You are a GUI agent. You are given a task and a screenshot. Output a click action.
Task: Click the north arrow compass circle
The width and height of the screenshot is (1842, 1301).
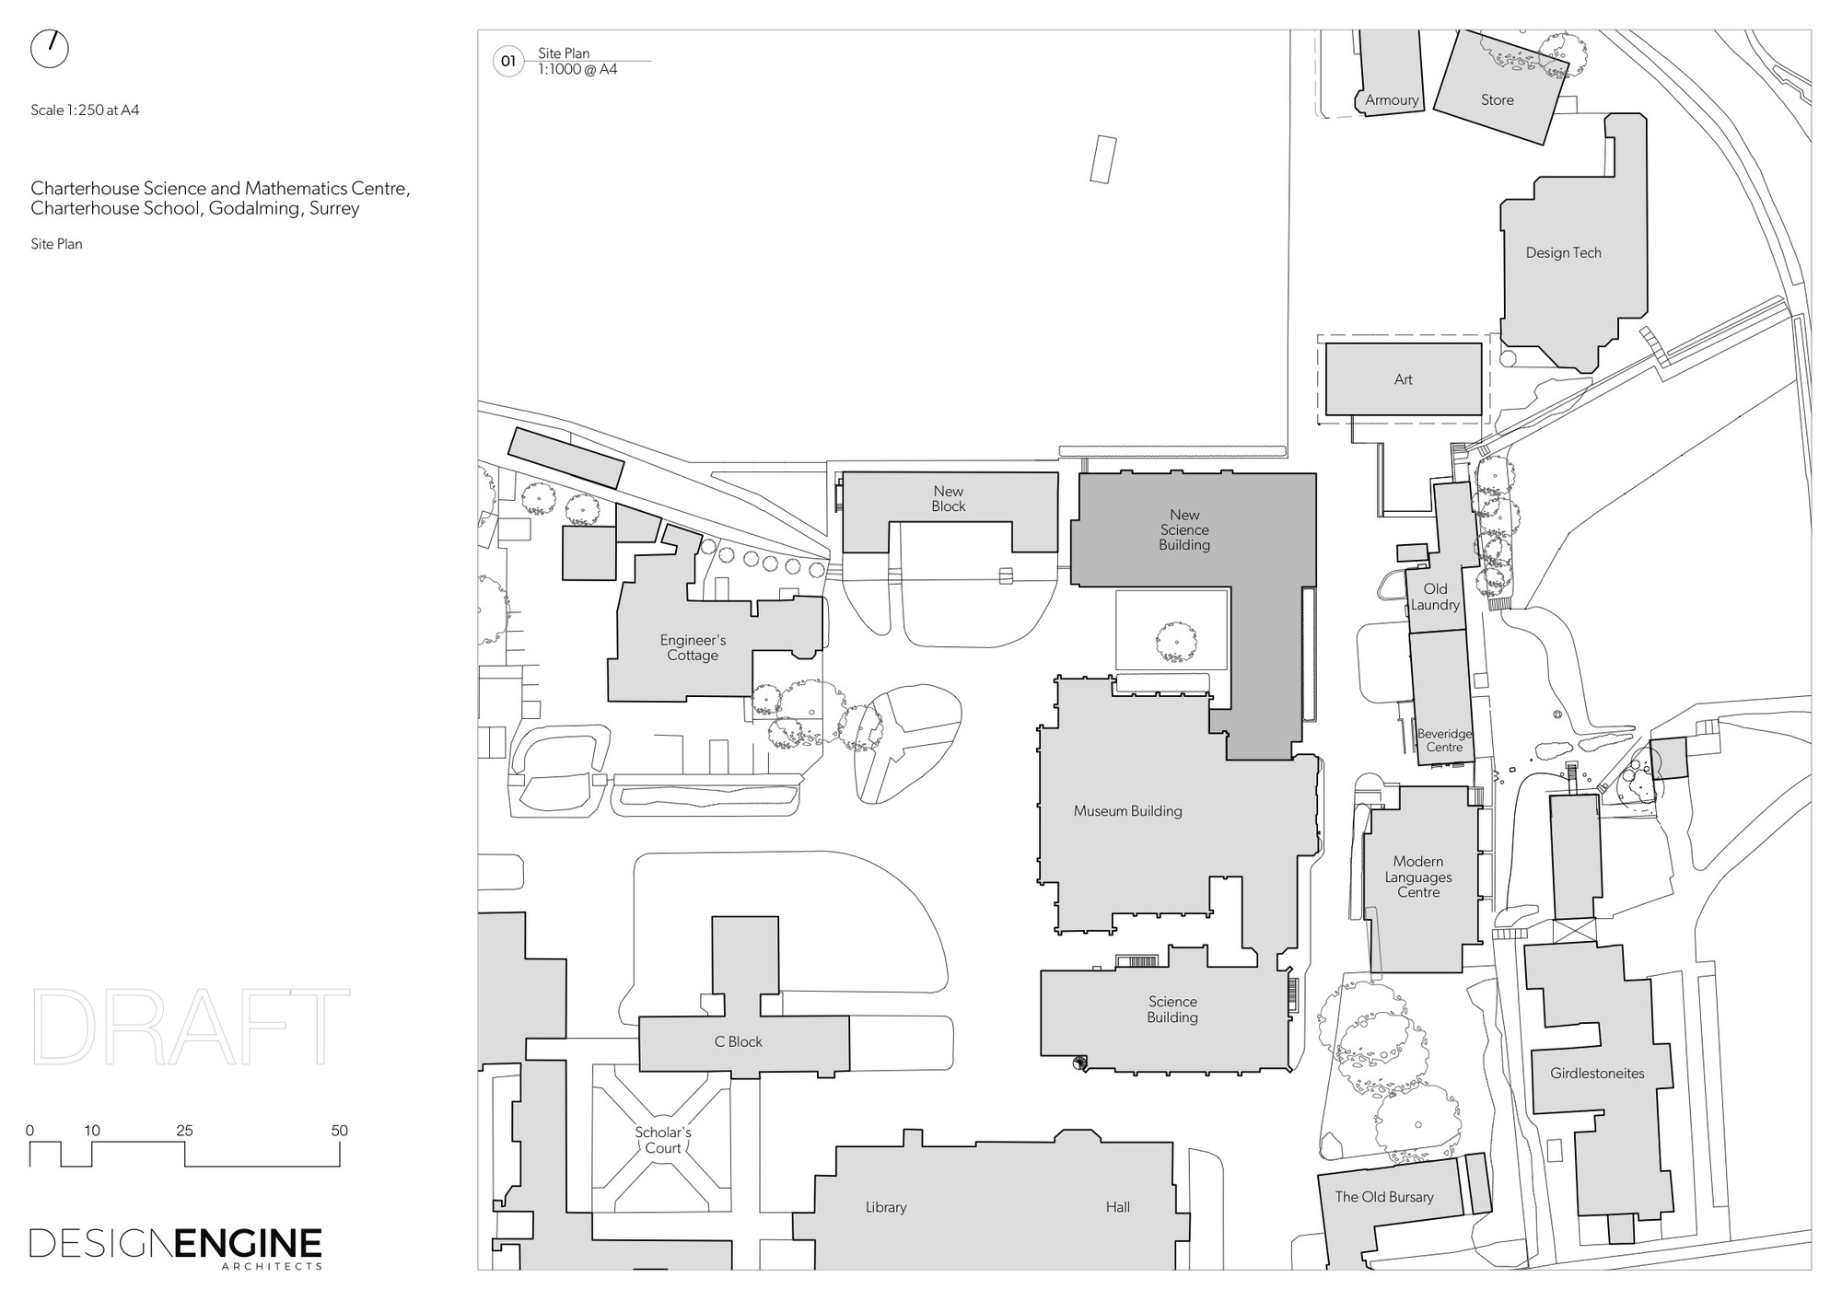pyautogui.click(x=50, y=50)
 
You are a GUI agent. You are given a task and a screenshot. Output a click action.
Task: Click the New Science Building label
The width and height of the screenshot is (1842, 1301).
pyautogui.click(x=1184, y=530)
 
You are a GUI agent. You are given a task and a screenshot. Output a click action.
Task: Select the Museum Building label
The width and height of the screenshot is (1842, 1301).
pyautogui.click(x=1127, y=811)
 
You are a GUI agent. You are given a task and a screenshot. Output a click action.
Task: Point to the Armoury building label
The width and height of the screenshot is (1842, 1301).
pyautogui.click(x=1392, y=100)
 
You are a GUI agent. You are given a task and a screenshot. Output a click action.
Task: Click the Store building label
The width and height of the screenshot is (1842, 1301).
pyautogui.click(x=1497, y=100)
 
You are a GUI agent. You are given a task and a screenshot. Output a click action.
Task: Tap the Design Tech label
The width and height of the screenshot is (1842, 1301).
pyautogui.click(x=1563, y=253)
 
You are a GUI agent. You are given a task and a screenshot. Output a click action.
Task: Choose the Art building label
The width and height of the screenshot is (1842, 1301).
pyautogui.click(x=1403, y=379)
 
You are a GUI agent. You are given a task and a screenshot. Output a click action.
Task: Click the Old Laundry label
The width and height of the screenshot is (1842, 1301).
pyautogui.click(x=1435, y=597)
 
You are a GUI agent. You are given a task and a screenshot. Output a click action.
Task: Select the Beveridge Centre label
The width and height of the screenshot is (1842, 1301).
pyautogui.click(x=1444, y=740)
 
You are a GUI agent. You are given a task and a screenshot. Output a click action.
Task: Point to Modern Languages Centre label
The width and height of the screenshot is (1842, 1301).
pyautogui.click(x=1417, y=877)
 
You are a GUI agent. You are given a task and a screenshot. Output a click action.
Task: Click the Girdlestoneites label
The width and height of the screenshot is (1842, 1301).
pyautogui.click(x=1596, y=1074)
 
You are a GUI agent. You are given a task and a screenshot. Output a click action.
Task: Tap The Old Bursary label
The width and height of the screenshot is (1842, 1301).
pyautogui.click(x=1384, y=1197)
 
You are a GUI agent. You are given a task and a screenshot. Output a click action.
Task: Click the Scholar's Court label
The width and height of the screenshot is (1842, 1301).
pyautogui.click(x=662, y=1140)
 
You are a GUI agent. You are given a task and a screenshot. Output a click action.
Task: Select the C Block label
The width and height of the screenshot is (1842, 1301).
pyautogui.click(x=739, y=1042)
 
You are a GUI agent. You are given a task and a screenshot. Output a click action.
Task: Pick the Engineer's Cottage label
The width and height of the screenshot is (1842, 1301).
pyautogui.click(x=693, y=648)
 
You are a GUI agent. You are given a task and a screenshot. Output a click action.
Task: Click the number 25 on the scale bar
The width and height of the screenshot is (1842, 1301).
pyautogui.click(x=184, y=1131)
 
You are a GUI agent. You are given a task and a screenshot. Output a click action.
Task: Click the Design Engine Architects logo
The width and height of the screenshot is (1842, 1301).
pyautogui.click(x=176, y=1247)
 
